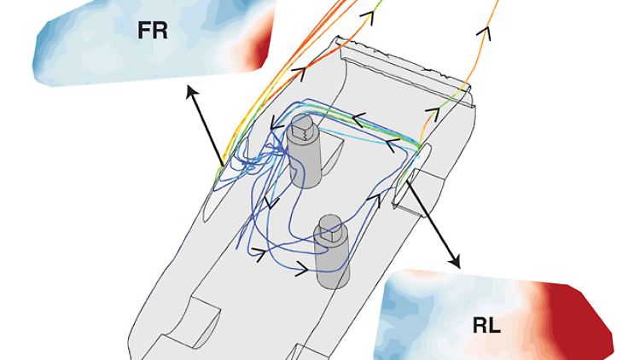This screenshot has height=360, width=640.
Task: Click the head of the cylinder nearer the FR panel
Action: point(300,132)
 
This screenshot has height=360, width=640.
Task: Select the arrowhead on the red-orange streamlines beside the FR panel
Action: point(300,67)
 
